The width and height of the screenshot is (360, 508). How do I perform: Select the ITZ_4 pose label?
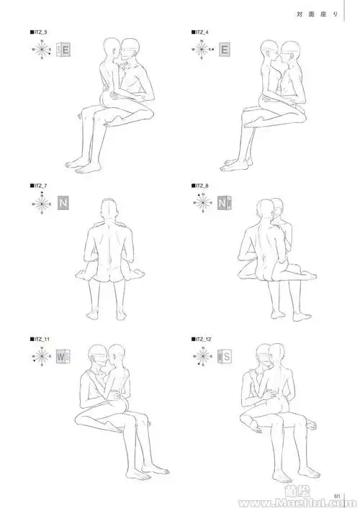point(201,33)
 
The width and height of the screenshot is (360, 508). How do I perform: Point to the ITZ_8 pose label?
point(201,186)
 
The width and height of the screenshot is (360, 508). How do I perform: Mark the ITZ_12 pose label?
point(202,338)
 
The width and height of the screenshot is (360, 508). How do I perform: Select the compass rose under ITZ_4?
point(203,50)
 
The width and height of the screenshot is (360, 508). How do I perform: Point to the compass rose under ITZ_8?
point(203,202)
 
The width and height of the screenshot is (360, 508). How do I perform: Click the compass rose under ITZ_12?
point(203,355)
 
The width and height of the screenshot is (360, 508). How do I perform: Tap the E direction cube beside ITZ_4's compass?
point(225,50)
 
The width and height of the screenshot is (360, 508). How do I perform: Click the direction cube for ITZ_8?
point(225,202)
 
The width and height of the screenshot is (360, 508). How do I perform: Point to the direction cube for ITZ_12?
point(225,355)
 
